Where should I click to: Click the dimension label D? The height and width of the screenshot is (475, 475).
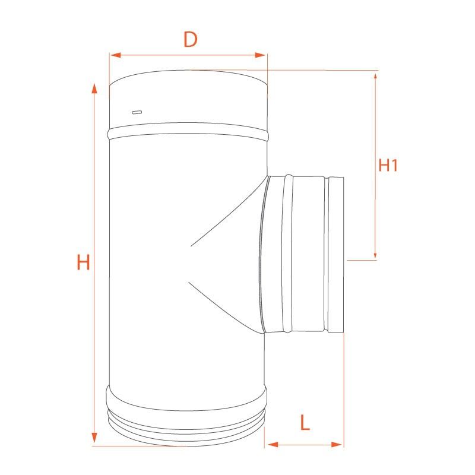[x=191, y=39]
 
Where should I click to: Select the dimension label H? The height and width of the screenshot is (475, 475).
[x=83, y=262]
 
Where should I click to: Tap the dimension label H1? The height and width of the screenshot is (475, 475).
[x=388, y=166]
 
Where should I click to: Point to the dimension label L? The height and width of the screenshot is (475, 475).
[x=305, y=423]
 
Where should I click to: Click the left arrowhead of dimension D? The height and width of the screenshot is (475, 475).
[x=116, y=55]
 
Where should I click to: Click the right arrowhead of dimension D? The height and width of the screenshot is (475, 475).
[x=260, y=55]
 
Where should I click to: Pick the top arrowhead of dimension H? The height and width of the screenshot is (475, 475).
[x=94, y=88]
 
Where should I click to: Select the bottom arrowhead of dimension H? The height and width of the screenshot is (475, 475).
[x=94, y=437]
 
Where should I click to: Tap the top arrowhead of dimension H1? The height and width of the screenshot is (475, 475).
[x=375, y=76]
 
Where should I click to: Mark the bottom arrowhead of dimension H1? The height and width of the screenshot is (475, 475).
[x=375, y=255]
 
